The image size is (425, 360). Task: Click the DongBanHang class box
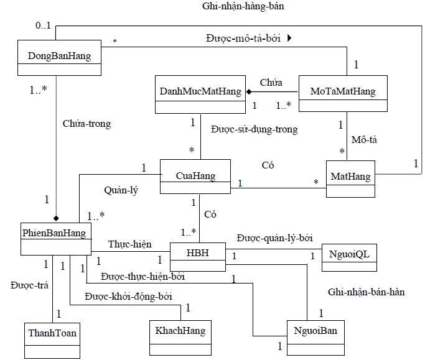coord(60,57)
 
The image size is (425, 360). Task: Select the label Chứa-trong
coord(86,124)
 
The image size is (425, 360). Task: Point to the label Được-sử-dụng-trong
coord(254,129)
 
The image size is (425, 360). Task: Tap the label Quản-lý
coord(121,191)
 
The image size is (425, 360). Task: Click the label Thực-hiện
coord(129,244)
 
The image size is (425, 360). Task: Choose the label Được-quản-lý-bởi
coord(274,238)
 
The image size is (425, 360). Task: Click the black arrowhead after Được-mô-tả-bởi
coord(289,38)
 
